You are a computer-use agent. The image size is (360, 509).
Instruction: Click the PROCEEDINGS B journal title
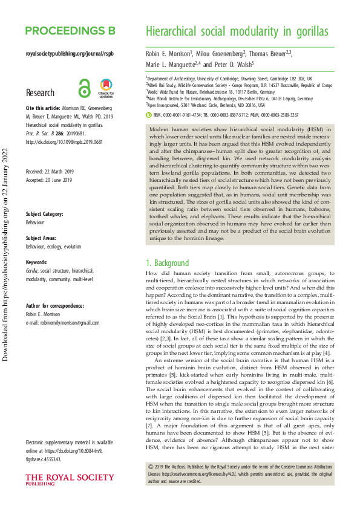(x=70, y=31)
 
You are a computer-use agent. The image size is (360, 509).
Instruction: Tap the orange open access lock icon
(x=84, y=89)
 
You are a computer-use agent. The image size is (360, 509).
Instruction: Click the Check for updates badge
(x=106, y=89)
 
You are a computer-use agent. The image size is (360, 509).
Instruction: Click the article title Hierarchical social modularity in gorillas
(x=237, y=31)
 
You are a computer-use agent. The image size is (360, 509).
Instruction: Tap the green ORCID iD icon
(x=149, y=114)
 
